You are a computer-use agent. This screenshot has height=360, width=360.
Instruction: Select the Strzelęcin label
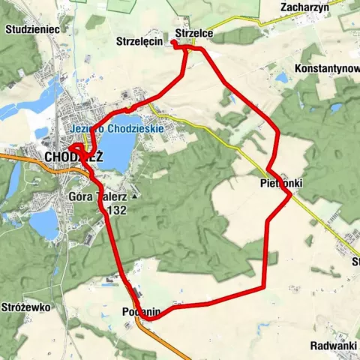[140, 41]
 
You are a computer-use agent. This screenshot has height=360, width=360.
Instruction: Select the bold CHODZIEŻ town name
[73, 156]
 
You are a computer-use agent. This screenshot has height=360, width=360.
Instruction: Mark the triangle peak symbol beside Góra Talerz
[134, 196]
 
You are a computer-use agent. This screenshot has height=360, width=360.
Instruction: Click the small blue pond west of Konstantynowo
[282, 77]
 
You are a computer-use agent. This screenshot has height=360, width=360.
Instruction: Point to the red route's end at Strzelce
[173, 43]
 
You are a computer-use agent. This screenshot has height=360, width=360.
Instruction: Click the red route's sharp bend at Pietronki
[289, 195]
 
